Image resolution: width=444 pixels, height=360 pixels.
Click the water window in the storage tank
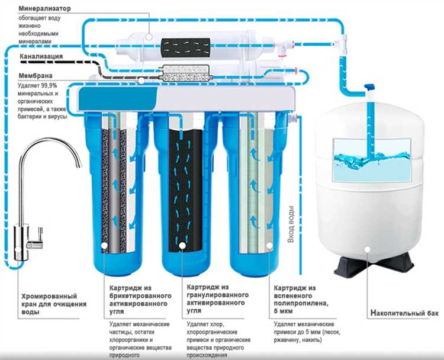pyautogui.click(x=371, y=159)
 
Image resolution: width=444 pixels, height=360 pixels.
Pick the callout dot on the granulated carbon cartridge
pyautogui.click(x=183, y=243)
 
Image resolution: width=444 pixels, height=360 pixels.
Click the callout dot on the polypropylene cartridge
pyautogui.click(x=270, y=243)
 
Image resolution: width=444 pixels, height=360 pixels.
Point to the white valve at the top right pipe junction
pyautogui.click(x=342, y=43)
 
